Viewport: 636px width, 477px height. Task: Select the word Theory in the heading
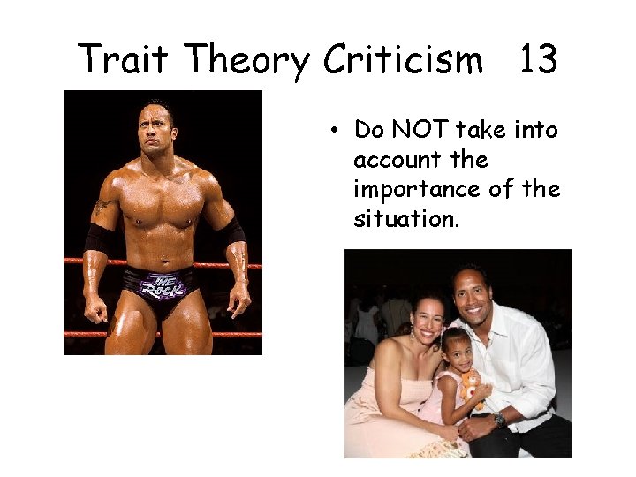247,61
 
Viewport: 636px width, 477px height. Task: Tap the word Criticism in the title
403,59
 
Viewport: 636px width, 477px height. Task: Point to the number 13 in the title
537,59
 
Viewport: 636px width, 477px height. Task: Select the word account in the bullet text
396,160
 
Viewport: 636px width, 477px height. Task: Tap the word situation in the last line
406,219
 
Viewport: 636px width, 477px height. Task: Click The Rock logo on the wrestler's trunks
163,284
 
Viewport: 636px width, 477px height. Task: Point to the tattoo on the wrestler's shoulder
102,208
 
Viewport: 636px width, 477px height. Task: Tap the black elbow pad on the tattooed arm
96,239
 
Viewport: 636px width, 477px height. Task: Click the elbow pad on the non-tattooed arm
233,232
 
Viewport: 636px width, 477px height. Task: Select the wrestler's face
155,132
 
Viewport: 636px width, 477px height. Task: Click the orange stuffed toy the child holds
471,383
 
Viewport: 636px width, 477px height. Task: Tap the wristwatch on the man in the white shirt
499,420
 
